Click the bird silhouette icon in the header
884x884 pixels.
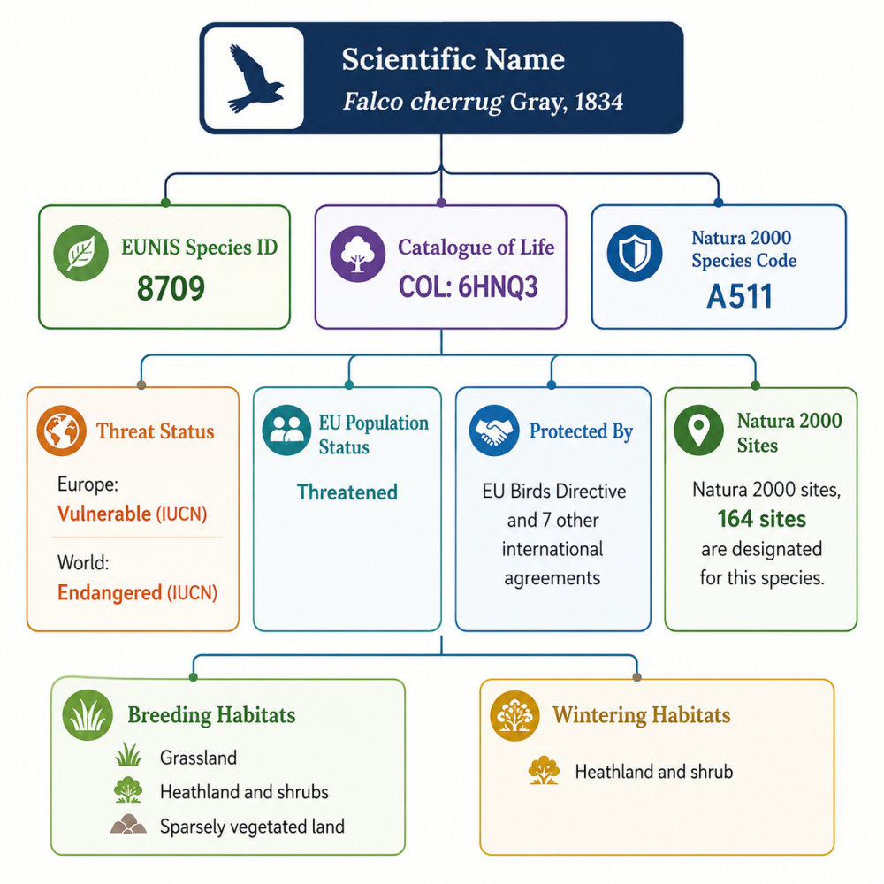tap(255, 79)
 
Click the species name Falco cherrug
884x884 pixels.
tap(423, 102)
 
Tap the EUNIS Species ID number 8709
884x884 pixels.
tap(171, 288)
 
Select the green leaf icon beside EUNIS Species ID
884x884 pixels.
tap(81, 253)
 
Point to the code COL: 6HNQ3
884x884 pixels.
tap(469, 287)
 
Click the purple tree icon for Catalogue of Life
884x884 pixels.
tap(357, 254)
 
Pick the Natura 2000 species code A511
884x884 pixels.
tap(739, 296)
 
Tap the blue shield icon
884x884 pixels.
tap(635, 253)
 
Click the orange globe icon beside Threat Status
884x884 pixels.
tap(62, 431)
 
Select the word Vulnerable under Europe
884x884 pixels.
tap(104, 514)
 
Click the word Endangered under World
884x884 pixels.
tap(110, 592)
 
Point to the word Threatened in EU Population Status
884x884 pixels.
tap(347, 492)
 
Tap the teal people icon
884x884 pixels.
tap(286, 431)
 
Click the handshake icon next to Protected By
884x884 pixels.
tap(494, 431)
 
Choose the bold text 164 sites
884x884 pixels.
tap(762, 519)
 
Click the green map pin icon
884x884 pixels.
tap(698, 431)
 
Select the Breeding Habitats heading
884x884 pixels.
tap(211, 715)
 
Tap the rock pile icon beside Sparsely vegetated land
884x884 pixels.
tap(128, 824)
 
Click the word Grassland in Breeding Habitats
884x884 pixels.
tap(198, 758)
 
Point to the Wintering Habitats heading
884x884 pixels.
tap(642, 715)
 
